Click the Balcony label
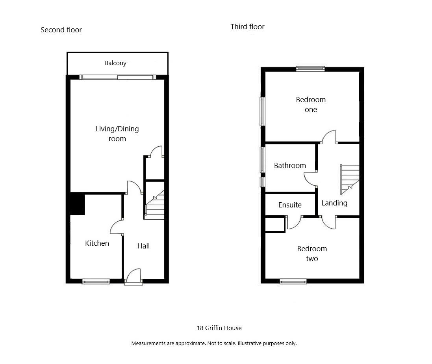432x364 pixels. pyautogui.click(x=115, y=63)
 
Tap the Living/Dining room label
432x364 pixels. pyautogui.click(x=117, y=134)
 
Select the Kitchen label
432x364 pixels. pyautogui.click(x=97, y=243)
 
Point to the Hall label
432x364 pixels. pyautogui.click(x=143, y=246)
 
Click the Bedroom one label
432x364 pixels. pyautogui.click(x=311, y=105)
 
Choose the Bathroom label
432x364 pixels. pyautogui.click(x=290, y=166)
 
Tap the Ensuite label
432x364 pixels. pyautogui.click(x=290, y=205)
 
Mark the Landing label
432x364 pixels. pyautogui.click(x=334, y=203)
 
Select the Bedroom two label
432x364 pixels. pyautogui.click(x=312, y=254)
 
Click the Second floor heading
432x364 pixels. pyautogui.click(x=61, y=30)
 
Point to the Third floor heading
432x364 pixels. pyautogui.click(x=247, y=27)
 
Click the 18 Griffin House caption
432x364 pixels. pyautogui.click(x=219, y=328)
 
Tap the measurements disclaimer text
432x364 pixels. pyautogui.click(x=214, y=343)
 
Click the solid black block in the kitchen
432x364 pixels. pyautogui.click(x=78, y=204)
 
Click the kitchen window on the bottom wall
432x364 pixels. pyautogui.click(x=96, y=281)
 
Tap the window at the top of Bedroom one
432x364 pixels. pyautogui.click(x=310, y=69)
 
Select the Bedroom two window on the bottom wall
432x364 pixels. pyautogui.click(x=293, y=281)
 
